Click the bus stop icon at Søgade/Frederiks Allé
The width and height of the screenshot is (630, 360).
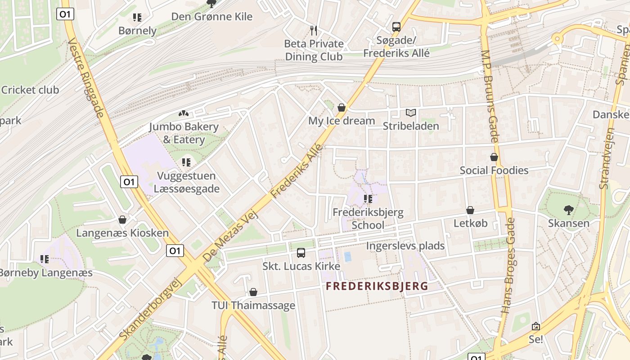(396, 27)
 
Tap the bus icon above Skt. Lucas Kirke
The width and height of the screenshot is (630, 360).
(301, 253)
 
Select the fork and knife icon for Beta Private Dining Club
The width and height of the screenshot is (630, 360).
(314, 31)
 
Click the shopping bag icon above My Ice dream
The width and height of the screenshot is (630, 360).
(342, 108)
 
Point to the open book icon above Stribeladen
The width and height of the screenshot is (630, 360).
(410, 113)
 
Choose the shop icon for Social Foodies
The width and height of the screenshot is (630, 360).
(494, 157)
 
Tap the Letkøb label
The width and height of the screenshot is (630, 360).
(470, 223)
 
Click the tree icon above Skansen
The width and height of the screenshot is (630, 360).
(568, 210)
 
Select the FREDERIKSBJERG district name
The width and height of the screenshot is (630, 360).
(377, 286)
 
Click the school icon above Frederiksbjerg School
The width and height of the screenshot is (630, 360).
(368, 198)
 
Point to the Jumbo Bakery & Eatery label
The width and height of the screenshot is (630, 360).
(184, 133)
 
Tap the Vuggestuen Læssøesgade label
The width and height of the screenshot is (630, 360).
(186, 182)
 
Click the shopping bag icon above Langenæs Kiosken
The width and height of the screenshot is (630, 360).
(122, 220)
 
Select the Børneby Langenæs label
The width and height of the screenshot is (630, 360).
(45, 273)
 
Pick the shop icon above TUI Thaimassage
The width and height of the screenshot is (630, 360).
(253, 292)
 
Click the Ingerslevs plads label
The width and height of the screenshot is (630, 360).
(405, 246)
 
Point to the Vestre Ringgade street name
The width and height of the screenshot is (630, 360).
(86, 77)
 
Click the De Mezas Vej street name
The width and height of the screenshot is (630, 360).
(231, 236)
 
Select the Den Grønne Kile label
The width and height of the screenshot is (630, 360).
(211, 17)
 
